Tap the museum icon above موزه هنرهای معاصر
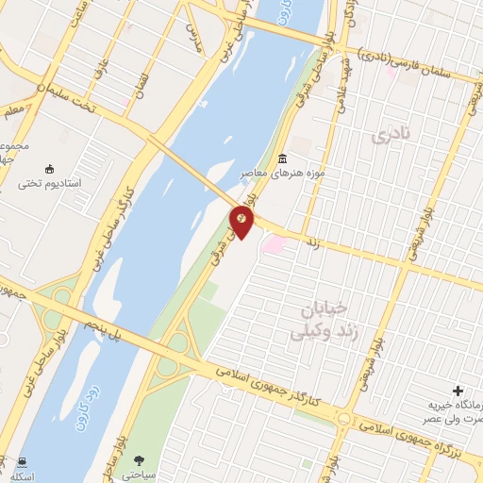pos(283,158)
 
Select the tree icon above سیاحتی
pos(141,459)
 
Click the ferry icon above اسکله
pos(21,461)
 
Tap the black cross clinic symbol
pos(458,390)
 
